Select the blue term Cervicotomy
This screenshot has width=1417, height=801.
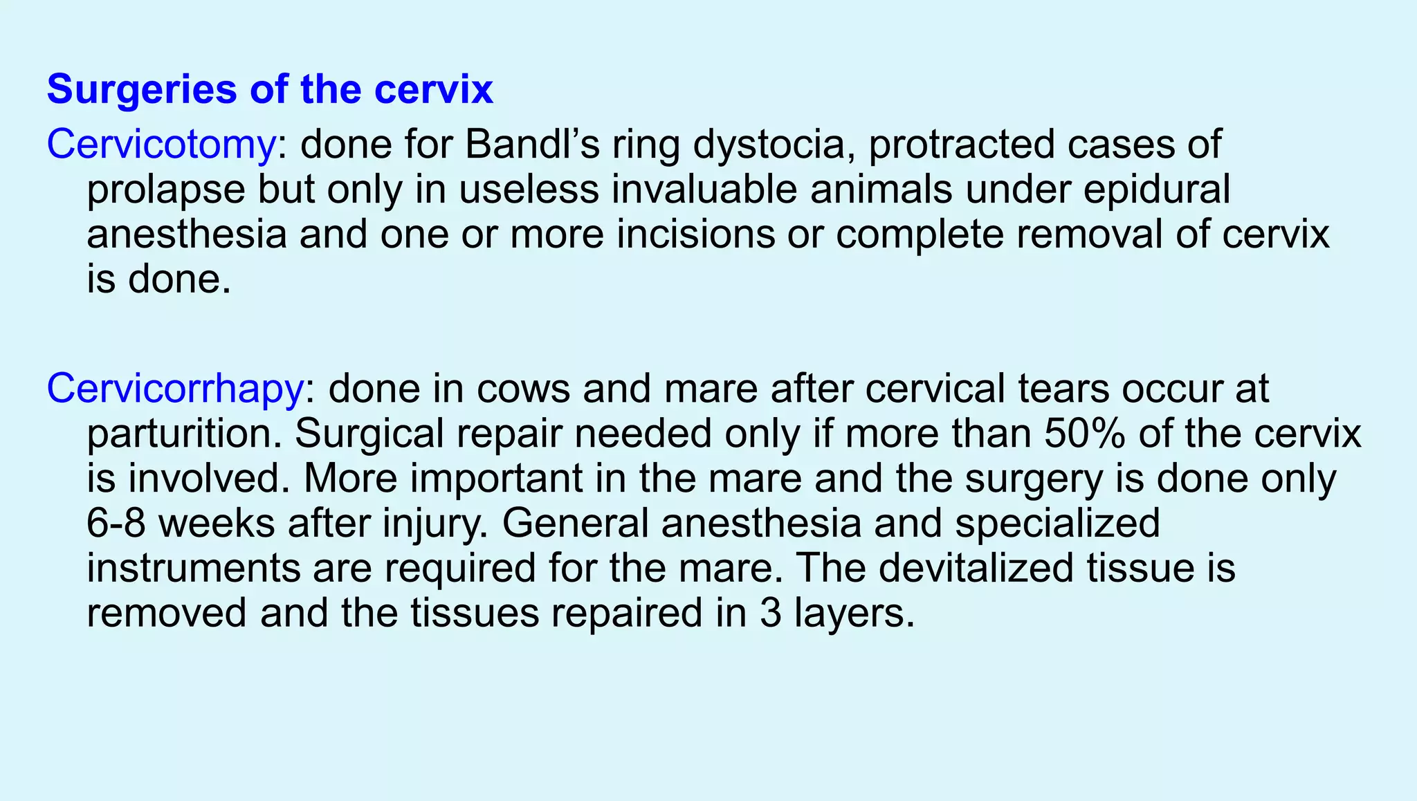click(161, 145)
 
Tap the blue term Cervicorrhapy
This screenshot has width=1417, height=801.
click(174, 389)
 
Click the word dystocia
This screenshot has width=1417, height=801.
click(772, 145)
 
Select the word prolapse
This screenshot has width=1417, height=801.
click(166, 190)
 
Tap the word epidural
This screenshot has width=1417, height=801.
click(1156, 190)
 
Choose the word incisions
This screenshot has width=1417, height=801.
click(695, 235)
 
